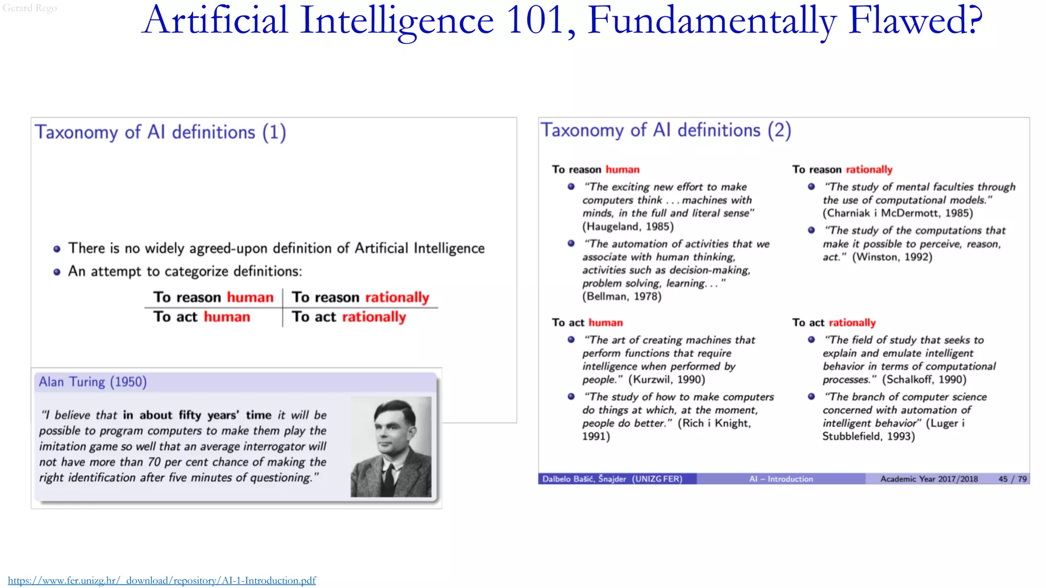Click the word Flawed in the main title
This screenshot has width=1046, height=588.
915,20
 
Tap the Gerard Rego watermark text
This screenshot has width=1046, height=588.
30,8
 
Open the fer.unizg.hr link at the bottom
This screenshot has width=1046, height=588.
162,580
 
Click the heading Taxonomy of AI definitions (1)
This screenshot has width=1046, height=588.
160,132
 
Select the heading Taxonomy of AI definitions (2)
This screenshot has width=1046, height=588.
666,130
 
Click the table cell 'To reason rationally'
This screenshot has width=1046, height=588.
360,297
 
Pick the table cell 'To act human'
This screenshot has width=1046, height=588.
202,317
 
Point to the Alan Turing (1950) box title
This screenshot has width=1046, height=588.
93,382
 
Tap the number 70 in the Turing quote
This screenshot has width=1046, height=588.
154,462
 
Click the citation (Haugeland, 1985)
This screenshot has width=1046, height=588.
628,227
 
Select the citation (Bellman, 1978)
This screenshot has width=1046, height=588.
622,297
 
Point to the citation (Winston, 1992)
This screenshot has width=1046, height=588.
892,257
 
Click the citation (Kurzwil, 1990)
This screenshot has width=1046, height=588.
667,380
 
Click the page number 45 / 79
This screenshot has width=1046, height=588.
1012,479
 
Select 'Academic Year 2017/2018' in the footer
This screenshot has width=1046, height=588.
929,479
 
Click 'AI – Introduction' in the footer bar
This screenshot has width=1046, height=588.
781,479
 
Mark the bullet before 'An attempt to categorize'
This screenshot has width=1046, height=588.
57,272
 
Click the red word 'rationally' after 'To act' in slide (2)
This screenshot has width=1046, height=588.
852,323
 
